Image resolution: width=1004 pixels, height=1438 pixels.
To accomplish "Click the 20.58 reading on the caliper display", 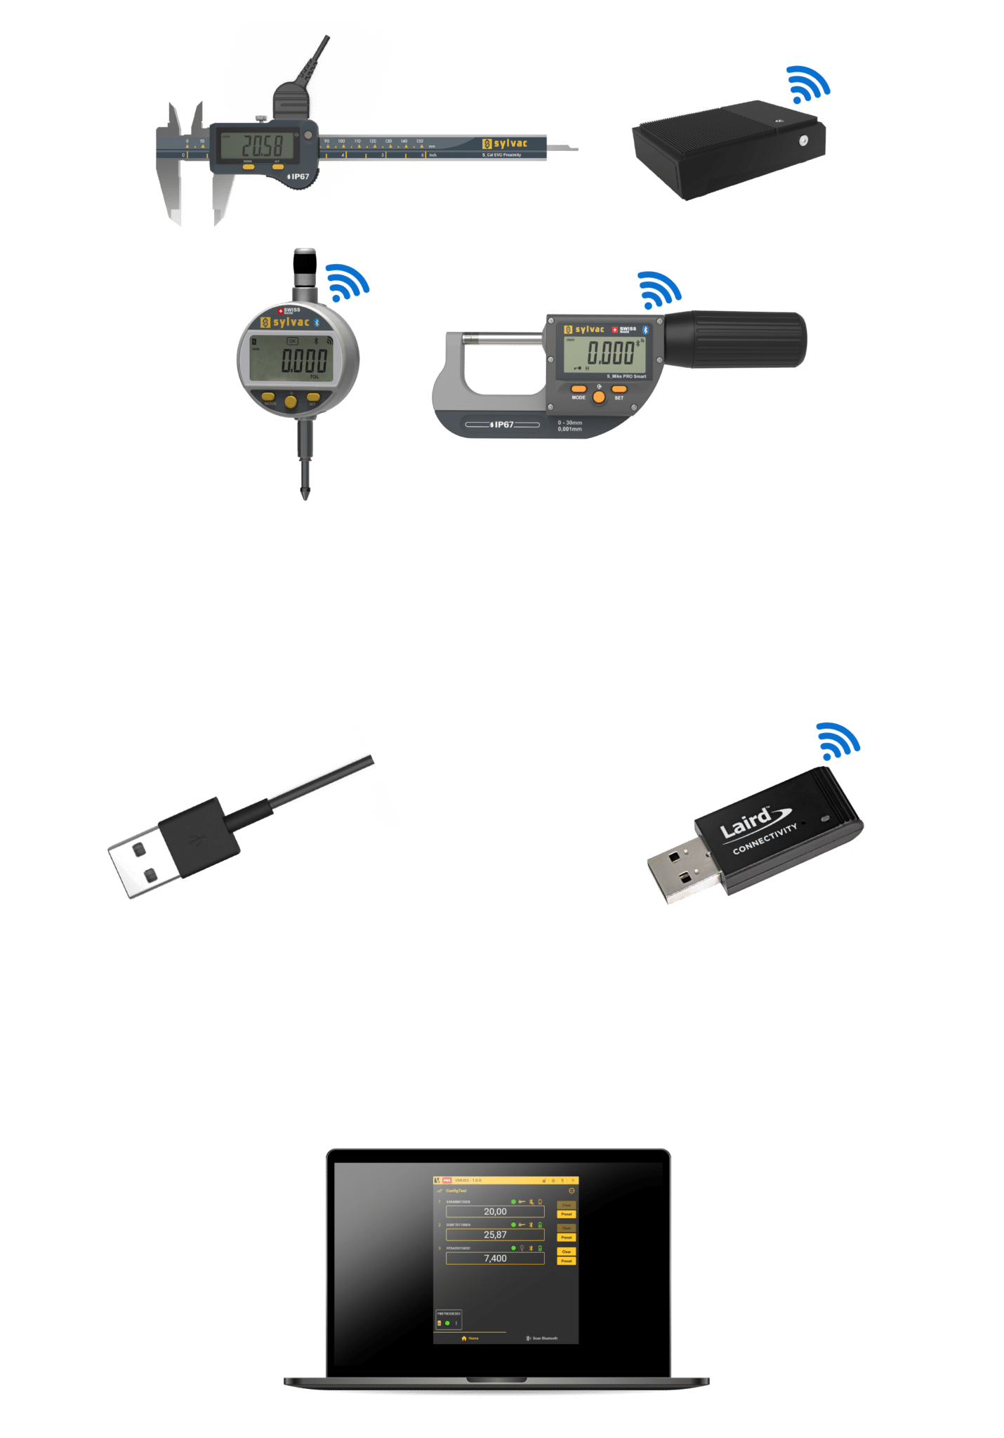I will tap(262, 146).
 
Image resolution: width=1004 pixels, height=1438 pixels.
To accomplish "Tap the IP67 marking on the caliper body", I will tap(298, 176).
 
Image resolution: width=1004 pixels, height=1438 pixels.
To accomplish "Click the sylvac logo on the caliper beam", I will tap(505, 143).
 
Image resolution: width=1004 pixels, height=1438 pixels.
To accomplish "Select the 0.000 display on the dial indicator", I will tap(304, 361).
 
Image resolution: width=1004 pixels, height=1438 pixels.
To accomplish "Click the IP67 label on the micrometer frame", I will tap(503, 425).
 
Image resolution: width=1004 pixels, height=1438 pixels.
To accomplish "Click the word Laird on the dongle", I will tap(746, 822).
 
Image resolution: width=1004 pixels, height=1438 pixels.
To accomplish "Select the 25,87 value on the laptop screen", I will tap(495, 1234).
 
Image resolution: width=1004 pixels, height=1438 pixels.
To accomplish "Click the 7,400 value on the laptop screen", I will tap(495, 1258).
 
